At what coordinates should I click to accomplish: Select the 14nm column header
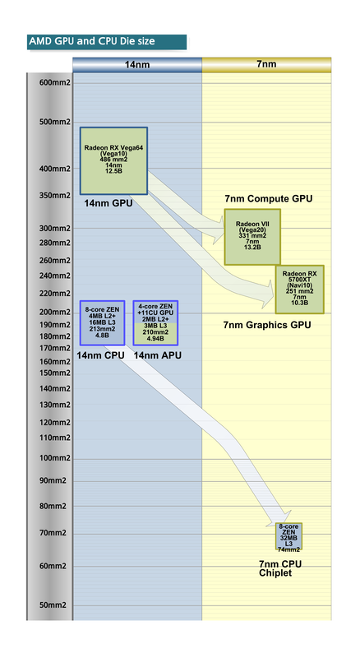137,64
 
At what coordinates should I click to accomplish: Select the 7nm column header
267,64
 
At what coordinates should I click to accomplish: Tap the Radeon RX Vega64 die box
113,160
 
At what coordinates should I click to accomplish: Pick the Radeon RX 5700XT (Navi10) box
299,289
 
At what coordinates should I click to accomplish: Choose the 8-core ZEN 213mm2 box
103,322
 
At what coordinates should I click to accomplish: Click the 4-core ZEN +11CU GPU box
155,322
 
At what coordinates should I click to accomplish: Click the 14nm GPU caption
108,202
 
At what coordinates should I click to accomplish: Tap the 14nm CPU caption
100,355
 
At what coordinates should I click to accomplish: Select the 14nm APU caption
157,355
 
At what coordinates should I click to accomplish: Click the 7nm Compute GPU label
269,199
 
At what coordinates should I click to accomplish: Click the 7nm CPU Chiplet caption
281,568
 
